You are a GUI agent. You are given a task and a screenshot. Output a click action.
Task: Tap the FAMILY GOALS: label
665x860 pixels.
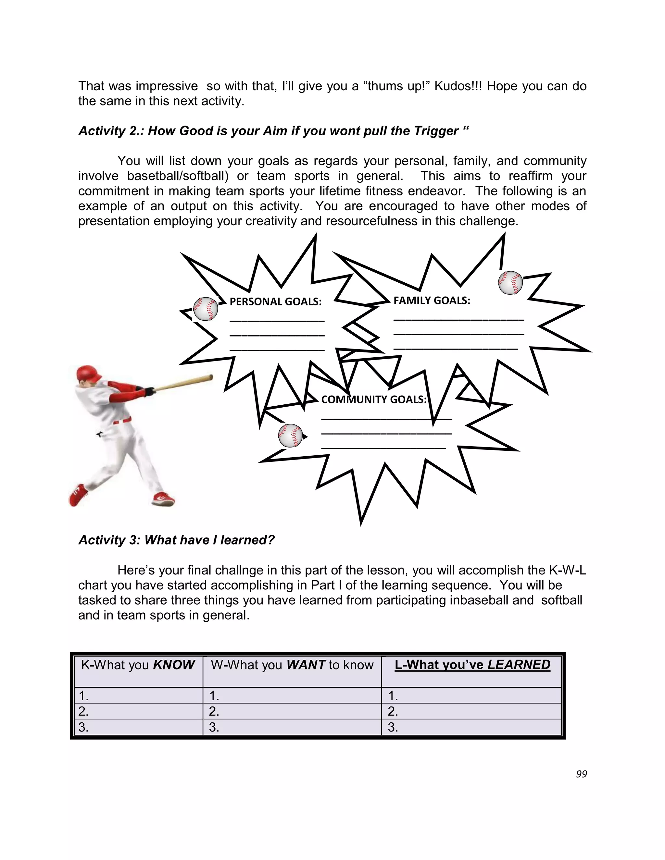pyautogui.click(x=432, y=301)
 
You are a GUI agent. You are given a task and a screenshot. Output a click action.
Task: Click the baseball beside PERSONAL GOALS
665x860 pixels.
pyautogui.click(x=206, y=309)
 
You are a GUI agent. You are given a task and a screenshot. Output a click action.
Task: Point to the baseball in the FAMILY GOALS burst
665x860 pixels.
pyautogui.click(x=510, y=283)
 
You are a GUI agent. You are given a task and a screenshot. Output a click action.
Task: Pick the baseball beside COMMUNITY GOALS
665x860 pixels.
pyautogui.click(x=290, y=436)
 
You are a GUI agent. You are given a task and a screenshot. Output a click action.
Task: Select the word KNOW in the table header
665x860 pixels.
pyautogui.click(x=174, y=665)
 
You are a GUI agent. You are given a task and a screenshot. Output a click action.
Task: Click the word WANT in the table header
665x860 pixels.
pyautogui.click(x=306, y=665)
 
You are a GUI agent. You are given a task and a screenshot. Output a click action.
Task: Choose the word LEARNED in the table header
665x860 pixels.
pyautogui.click(x=519, y=665)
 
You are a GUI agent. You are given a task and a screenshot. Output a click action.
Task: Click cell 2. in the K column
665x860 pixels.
pyautogui.click(x=83, y=711)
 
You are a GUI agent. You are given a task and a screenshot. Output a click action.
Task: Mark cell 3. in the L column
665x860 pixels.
pyautogui.click(x=393, y=727)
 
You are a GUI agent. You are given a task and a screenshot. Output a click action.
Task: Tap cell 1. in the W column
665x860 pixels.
pyautogui.click(x=214, y=696)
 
